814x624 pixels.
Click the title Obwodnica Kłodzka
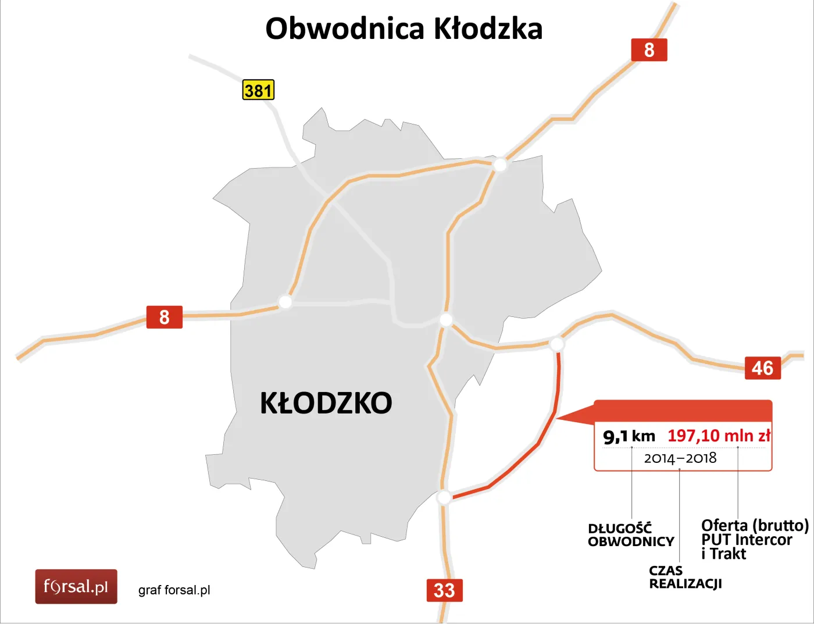pyautogui.click(x=404, y=28)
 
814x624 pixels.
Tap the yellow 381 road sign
pyautogui.click(x=258, y=90)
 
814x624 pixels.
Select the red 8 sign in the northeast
pyautogui.click(x=649, y=50)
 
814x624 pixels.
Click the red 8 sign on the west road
pyautogui.click(x=165, y=317)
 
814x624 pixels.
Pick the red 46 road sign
pyautogui.click(x=762, y=368)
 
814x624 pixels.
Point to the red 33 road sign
pyautogui.click(x=444, y=590)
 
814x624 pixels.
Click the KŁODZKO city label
pyautogui.click(x=326, y=403)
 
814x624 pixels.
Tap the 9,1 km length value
pyautogui.click(x=629, y=436)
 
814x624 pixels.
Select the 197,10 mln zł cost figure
pyautogui.click(x=719, y=436)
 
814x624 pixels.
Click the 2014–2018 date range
pyautogui.click(x=680, y=458)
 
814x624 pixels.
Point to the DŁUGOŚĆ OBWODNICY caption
pyautogui.click(x=630, y=535)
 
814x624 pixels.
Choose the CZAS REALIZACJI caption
pyautogui.click(x=685, y=577)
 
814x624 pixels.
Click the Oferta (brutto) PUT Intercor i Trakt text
pyautogui.click(x=754, y=540)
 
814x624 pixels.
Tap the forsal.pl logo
pyautogui.click(x=76, y=586)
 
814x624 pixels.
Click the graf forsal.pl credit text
pyautogui.click(x=174, y=590)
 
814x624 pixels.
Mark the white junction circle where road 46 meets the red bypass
pyautogui.click(x=556, y=344)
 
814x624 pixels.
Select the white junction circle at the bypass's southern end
pyautogui.click(x=444, y=497)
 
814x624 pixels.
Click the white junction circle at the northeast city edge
pyautogui.click(x=499, y=165)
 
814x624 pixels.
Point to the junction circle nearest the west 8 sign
pyautogui.click(x=285, y=302)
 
